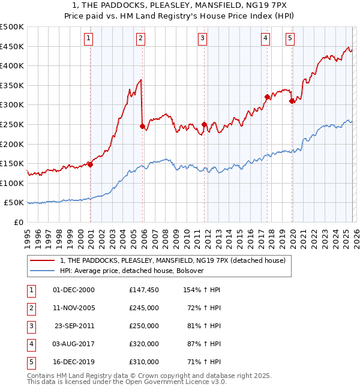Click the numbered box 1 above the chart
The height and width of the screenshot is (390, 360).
(x=89, y=39)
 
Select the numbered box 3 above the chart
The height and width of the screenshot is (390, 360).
(x=203, y=39)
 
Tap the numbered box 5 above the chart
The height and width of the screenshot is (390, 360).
(x=290, y=39)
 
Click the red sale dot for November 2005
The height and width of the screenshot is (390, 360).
(x=142, y=126)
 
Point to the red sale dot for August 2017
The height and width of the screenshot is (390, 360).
(x=267, y=96)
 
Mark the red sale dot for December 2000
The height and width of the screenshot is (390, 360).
(x=90, y=164)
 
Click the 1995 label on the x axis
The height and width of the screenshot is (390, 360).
(x=27, y=238)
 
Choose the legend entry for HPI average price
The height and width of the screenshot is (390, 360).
(x=132, y=271)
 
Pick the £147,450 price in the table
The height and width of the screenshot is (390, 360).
(x=144, y=290)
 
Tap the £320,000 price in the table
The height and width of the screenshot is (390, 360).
(x=144, y=344)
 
